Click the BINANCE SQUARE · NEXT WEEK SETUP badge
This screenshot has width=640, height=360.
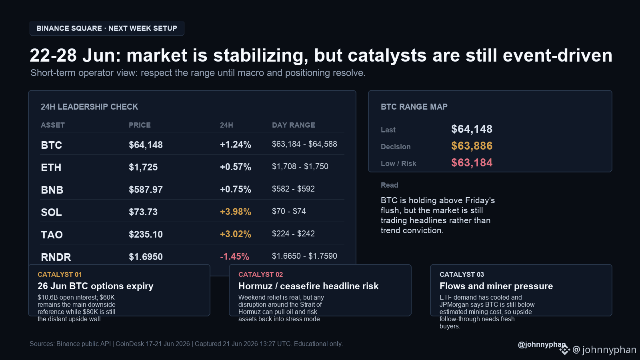tap(107, 28)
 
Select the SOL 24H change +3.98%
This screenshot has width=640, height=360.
tap(236, 212)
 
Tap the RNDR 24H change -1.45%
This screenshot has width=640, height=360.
tap(234, 256)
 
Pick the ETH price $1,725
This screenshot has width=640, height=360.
tap(143, 167)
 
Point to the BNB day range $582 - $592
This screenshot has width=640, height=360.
tap(293, 189)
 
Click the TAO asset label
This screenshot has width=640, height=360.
tap(52, 234)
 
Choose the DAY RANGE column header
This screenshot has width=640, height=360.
tap(294, 125)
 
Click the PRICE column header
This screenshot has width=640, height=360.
tap(140, 125)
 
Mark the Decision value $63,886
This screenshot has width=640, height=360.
tap(472, 146)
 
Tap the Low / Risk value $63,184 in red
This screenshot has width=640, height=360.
tap(472, 163)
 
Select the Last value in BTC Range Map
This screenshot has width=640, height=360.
tap(472, 129)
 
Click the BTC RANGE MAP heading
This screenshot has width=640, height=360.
tap(414, 107)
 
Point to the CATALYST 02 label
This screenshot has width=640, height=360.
tap(260, 274)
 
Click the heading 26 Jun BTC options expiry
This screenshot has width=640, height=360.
tap(96, 286)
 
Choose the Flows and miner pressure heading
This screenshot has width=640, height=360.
tap(496, 286)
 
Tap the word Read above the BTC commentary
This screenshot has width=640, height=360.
tap(390, 185)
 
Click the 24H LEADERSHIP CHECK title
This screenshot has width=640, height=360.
tap(90, 107)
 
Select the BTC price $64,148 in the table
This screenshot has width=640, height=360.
tap(146, 145)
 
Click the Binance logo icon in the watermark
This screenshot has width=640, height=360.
tap(564, 350)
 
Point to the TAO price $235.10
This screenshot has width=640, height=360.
tap(146, 234)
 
